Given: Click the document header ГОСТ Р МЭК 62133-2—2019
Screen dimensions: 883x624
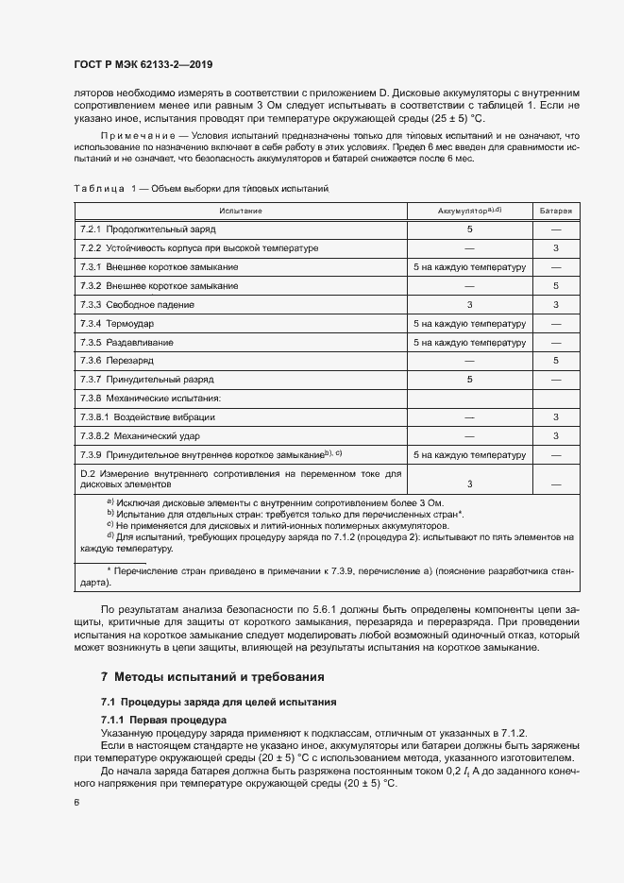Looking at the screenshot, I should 143,65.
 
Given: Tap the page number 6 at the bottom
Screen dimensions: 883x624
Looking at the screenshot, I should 76,802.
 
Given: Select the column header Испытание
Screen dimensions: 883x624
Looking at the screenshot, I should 241,210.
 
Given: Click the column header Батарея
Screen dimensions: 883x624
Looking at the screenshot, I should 556,210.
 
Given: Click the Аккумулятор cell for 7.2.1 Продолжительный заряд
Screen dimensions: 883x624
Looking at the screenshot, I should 469,229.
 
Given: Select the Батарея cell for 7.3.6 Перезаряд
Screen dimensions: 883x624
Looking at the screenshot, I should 556,360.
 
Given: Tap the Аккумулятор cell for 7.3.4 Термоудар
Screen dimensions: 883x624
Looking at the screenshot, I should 469,323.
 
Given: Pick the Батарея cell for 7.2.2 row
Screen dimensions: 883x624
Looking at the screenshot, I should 556,247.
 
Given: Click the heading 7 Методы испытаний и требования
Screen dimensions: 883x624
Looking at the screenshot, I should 212,677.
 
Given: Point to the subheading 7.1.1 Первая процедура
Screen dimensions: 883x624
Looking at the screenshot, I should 161,721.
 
